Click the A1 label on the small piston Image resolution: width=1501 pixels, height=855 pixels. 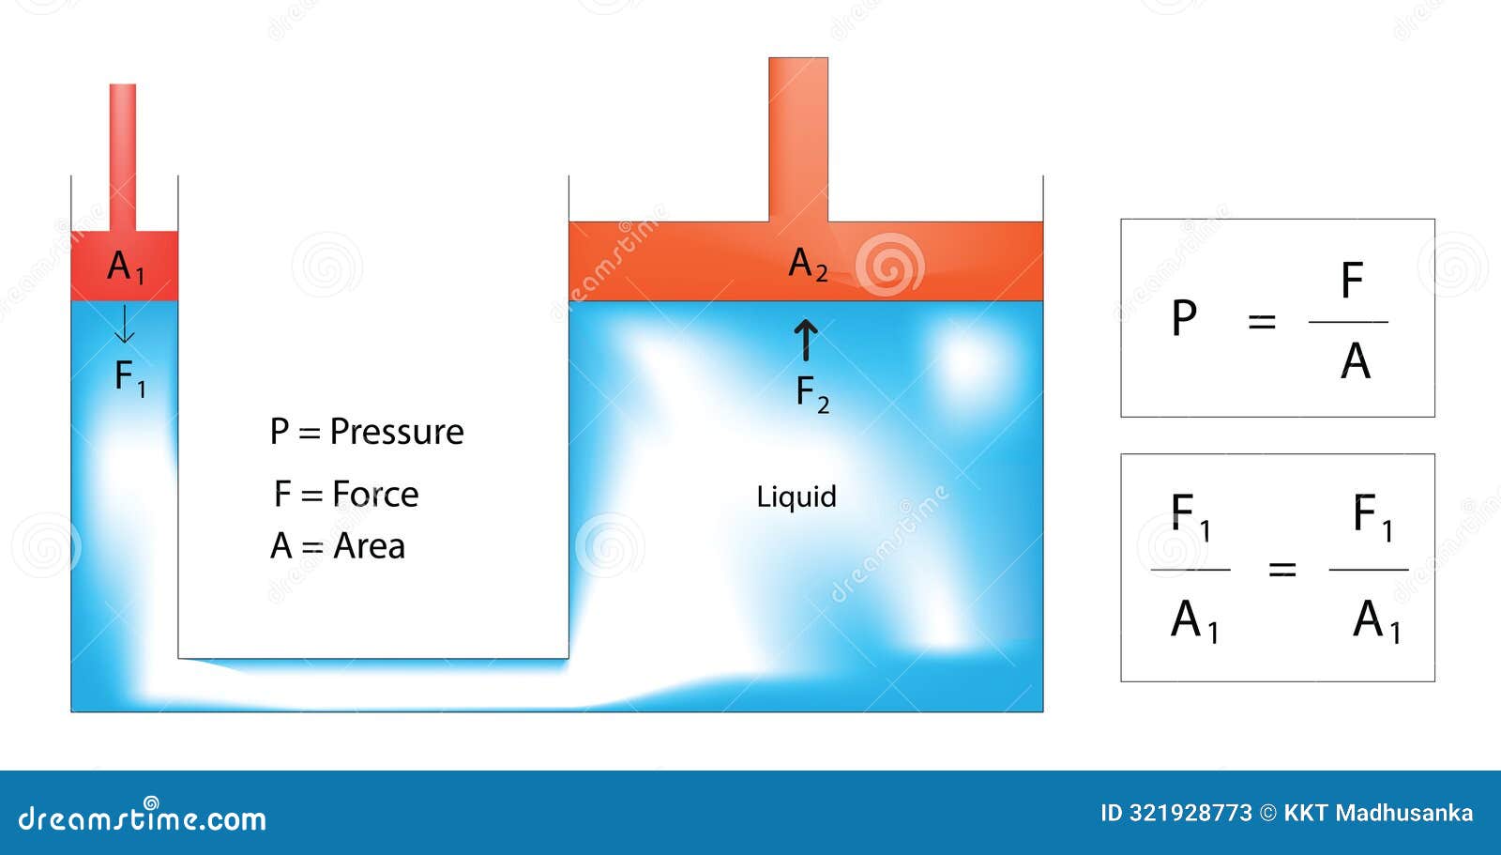126,267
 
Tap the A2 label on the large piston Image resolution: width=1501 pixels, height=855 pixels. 808,264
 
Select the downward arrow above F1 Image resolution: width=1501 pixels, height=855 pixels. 124,324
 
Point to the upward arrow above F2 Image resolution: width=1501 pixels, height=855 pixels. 806,340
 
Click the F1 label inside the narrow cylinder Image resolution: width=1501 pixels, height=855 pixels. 130,378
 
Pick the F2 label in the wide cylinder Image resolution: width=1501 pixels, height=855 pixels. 812,394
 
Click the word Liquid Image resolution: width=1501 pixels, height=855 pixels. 796,496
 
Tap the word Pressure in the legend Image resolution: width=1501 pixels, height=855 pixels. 397,431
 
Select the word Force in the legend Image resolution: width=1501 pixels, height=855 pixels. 375,495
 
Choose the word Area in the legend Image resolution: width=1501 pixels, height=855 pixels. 370,546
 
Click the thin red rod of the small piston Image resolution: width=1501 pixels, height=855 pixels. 123,158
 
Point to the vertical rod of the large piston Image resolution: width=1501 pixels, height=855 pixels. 798,140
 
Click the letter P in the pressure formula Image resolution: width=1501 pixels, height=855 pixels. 1184,318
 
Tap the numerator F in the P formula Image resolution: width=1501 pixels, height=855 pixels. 1352,280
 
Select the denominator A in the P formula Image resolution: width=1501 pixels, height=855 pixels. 1355,361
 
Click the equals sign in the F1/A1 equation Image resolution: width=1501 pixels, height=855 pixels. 1281,570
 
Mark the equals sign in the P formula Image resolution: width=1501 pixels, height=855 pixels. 1262,322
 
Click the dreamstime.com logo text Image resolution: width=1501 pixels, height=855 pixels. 142,817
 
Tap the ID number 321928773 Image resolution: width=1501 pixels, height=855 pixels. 1190,814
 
